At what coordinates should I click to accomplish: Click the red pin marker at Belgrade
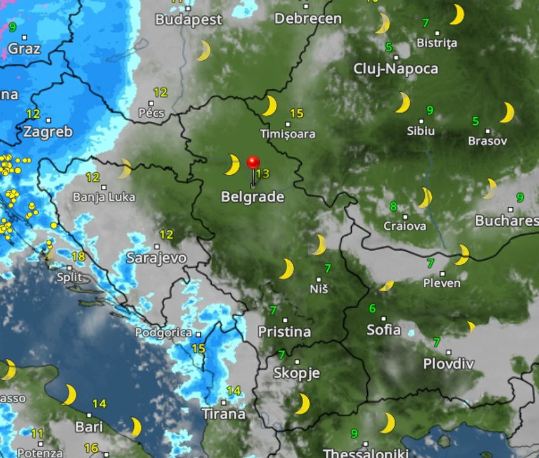pyautogui.click(x=253, y=162)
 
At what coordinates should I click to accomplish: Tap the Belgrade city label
pyautogui.click(x=252, y=197)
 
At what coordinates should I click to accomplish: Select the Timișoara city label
pyautogui.click(x=287, y=134)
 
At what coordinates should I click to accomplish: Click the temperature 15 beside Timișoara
pyautogui.click(x=297, y=114)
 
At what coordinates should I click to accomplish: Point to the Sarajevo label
pyautogui.click(x=156, y=258)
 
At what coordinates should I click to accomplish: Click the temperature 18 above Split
pyautogui.click(x=78, y=257)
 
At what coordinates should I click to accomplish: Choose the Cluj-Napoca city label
pyautogui.click(x=396, y=68)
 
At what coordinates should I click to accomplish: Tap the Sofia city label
pyautogui.click(x=384, y=329)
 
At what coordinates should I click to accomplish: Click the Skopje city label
pyautogui.click(x=296, y=373)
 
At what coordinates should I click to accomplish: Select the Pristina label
pyautogui.click(x=284, y=331)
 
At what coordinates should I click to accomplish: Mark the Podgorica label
pyautogui.click(x=164, y=333)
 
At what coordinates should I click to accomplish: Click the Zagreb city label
pyautogui.click(x=48, y=132)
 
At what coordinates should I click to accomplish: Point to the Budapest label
pyautogui.click(x=189, y=20)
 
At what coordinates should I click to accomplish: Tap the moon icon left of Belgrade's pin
pyautogui.click(x=232, y=165)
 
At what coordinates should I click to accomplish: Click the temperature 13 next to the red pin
pyautogui.click(x=263, y=174)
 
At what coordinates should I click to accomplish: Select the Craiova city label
pyautogui.click(x=405, y=226)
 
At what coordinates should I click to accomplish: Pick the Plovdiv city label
pyautogui.click(x=449, y=364)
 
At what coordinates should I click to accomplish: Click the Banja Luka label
pyautogui.click(x=104, y=197)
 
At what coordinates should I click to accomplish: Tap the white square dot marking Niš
pyautogui.click(x=318, y=279)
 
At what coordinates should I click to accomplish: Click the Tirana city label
pyautogui.click(x=223, y=414)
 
